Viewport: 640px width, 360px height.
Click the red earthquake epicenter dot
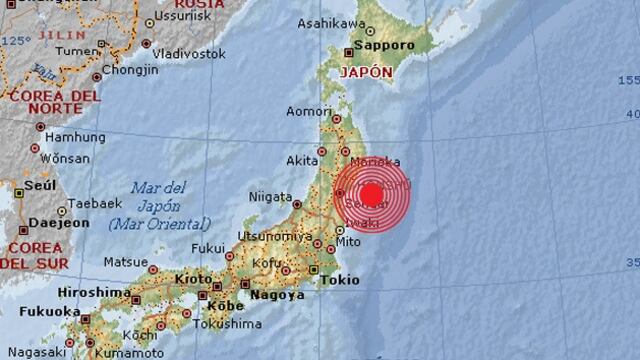pyautogui.click(x=372, y=195)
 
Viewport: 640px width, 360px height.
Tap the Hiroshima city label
pyautogui.click(x=95, y=291)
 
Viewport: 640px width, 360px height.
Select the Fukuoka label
pyautogui.click(x=45, y=312)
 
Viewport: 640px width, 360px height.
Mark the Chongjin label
pyautogui.click(x=131, y=70)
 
